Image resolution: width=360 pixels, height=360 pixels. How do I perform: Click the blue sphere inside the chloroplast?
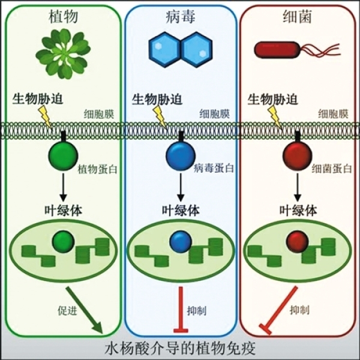pos(179,242)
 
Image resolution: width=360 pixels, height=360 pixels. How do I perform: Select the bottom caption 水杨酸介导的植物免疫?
pos(179,348)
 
